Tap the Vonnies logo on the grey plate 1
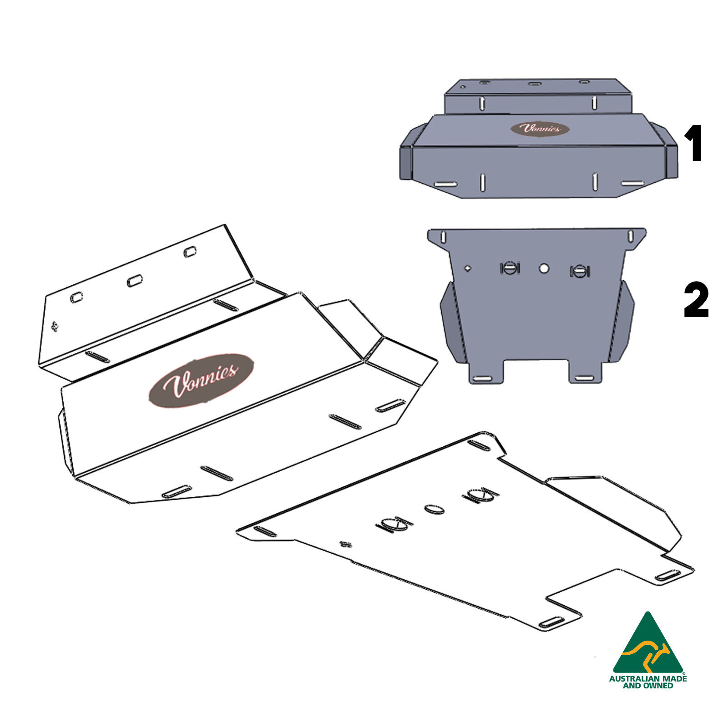540,129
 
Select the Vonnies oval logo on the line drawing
201,380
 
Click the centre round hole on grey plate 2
544,268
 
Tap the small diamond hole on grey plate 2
467,268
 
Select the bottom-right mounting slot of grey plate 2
584,379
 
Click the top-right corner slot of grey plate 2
631,236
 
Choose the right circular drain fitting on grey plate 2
580,271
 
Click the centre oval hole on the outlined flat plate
435,509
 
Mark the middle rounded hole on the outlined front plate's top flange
134,281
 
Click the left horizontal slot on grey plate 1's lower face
445,184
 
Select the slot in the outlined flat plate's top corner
479,445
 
